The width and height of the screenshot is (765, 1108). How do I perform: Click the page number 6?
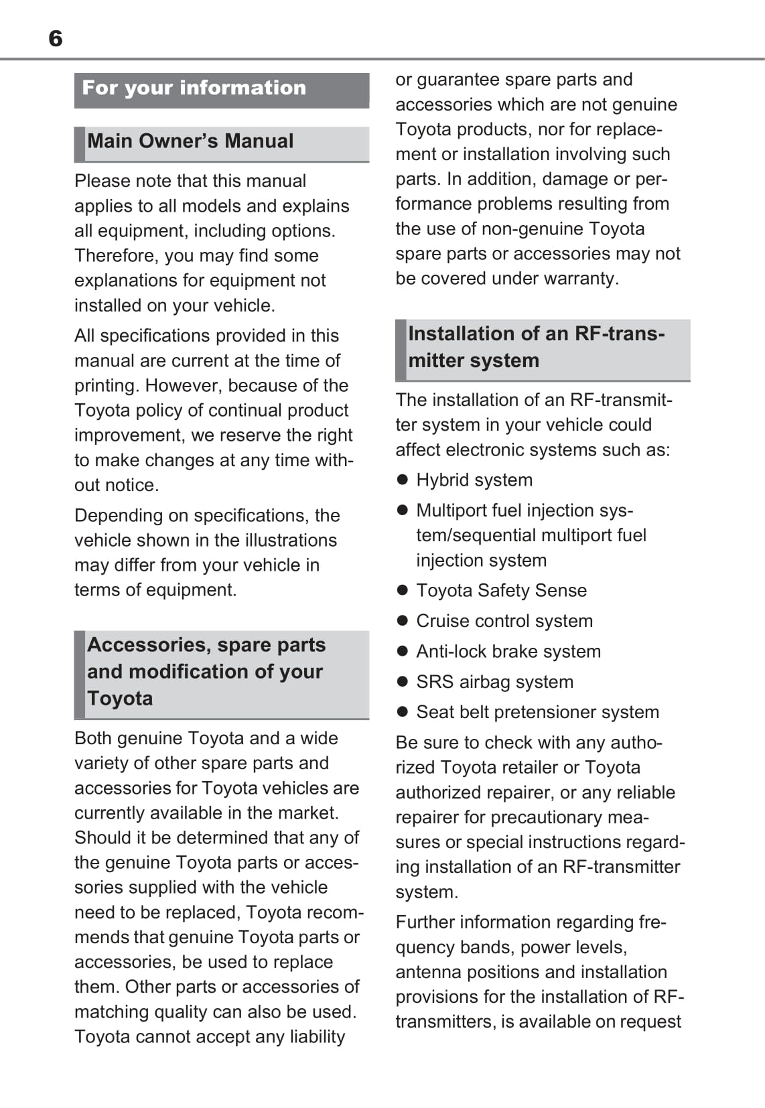(x=56, y=39)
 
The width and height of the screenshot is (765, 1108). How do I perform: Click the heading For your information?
(x=194, y=88)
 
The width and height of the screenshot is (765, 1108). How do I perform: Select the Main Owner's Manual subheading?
(x=190, y=141)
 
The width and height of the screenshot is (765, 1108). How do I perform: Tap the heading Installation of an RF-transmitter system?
(x=536, y=347)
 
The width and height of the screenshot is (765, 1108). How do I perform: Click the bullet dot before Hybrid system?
(x=403, y=480)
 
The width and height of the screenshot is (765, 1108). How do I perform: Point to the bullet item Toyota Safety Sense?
(x=501, y=590)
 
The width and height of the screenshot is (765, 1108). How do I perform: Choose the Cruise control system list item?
(x=504, y=621)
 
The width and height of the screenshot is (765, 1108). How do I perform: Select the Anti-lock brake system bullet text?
(x=508, y=651)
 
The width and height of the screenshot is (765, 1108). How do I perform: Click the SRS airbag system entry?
(x=494, y=682)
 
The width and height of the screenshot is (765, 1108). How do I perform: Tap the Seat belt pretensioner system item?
(x=537, y=712)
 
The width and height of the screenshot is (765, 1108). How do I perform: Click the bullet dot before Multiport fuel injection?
(x=403, y=510)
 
